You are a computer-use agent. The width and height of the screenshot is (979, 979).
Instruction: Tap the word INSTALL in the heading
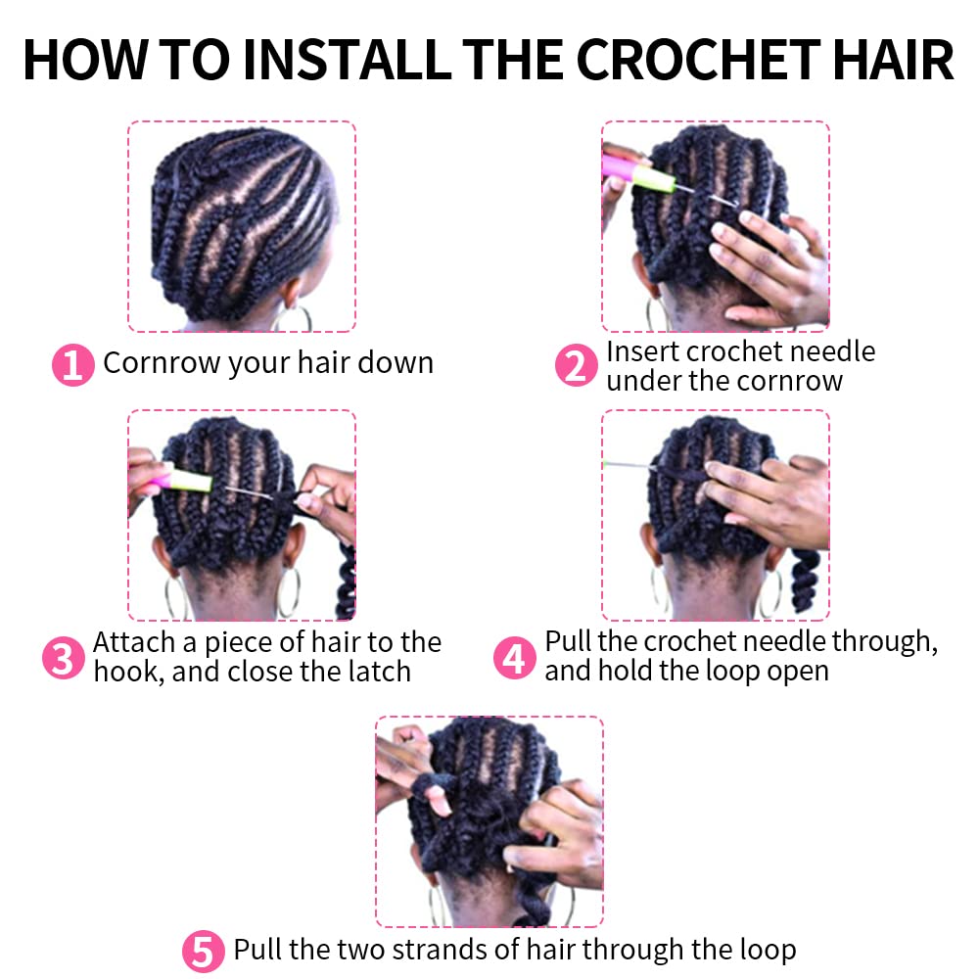[x=347, y=60]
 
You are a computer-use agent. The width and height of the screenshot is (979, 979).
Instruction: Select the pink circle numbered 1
[x=73, y=365]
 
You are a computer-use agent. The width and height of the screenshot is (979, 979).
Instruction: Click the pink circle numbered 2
[x=576, y=365]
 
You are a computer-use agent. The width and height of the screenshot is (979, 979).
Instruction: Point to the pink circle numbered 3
[x=63, y=658]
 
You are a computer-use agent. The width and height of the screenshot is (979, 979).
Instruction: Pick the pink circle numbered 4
[x=515, y=658]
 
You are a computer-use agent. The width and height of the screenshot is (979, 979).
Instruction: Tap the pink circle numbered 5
[x=203, y=952]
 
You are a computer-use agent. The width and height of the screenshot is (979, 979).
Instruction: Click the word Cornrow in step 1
[x=162, y=363]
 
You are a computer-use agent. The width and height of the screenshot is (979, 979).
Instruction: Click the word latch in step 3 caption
[x=380, y=672]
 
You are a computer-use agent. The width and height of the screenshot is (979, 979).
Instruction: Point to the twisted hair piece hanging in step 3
[x=346, y=580]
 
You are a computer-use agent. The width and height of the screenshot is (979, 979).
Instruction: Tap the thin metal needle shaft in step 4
[x=629, y=466]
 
